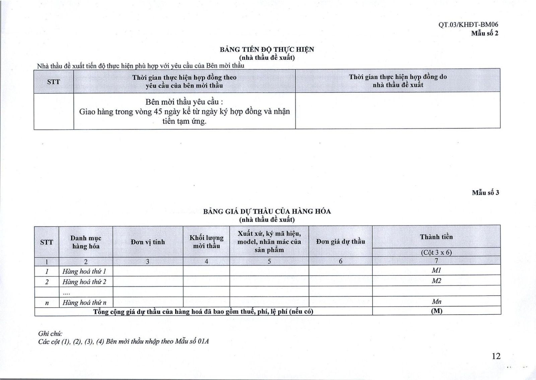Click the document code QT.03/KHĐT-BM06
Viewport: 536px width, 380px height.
[x=468, y=24]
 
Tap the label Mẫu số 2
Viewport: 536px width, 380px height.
[x=484, y=33]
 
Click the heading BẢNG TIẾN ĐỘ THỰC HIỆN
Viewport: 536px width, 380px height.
[x=267, y=50]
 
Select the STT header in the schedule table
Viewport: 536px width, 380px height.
[x=54, y=81]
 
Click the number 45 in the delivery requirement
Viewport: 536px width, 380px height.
[x=158, y=112]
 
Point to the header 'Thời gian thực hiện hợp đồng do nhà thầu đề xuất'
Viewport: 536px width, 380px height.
[x=398, y=81]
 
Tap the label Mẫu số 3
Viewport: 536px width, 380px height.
[x=485, y=193]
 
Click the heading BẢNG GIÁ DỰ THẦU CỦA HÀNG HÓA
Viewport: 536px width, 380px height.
[x=267, y=211]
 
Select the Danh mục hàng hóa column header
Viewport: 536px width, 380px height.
[x=86, y=242]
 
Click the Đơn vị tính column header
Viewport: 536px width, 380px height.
[x=148, y=242]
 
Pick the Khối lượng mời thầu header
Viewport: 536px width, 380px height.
[x=206, y=242]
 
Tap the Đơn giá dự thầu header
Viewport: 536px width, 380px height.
[x=340, y=242]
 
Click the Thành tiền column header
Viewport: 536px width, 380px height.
[x=436, y=237]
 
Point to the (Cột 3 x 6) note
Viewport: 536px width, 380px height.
[x=436, y=252]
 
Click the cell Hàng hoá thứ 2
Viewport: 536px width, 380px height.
[x=84, y=282]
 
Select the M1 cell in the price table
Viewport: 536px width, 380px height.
[x=436, y=270]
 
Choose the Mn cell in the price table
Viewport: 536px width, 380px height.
[x=436, y=302]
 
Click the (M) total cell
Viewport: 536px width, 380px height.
[x=436, y=311]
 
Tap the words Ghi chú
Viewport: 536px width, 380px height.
[x=50, y=333]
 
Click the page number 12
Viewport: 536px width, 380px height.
[x=496, y=356]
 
